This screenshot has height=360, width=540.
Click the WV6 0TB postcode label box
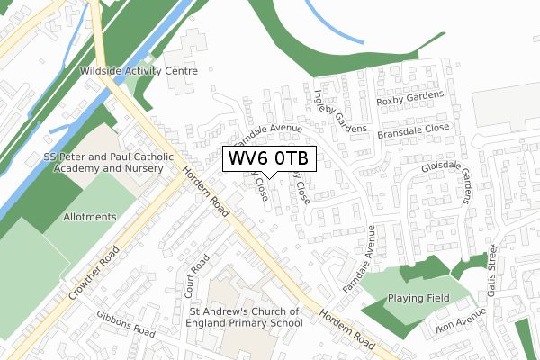point(267,158)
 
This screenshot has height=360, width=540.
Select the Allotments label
point(89,217)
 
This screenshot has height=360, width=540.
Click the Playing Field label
point(417,297)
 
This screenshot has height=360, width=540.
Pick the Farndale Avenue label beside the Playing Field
point(357,260)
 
